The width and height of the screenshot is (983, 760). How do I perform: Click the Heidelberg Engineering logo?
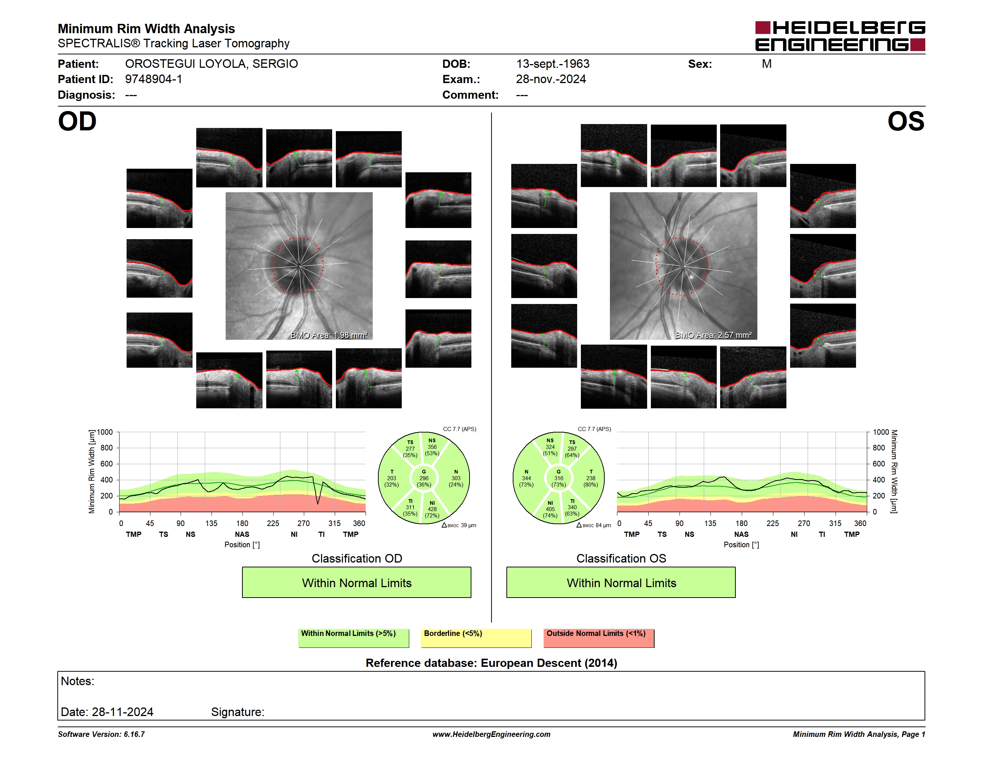point(840,36)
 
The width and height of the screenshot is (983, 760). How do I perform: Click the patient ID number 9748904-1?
point(153,79)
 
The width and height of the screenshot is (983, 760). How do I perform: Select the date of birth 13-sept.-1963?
point(553,64)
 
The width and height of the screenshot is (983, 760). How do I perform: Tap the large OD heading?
point(77,121)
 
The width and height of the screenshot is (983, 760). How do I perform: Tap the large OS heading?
point(906,121)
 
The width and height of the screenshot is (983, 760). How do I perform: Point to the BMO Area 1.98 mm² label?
point(329,335)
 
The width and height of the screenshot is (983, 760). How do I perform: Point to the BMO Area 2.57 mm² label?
point(713,335)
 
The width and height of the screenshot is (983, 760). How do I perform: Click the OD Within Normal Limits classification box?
point(356,582)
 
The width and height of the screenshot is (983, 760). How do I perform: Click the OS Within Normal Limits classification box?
point(621,582)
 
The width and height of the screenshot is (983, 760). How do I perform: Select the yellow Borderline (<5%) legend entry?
point(476,638)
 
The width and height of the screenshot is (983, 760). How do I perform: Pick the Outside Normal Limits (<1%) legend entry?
point(599,638)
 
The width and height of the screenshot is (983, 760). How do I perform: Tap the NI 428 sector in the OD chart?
point(432,509)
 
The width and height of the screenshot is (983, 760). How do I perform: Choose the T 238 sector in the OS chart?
point(591,478)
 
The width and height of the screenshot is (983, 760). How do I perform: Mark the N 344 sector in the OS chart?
point(526,478)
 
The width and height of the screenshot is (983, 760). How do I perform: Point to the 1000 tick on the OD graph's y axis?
point(105,432)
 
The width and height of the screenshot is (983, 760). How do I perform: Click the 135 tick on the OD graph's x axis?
point(211,523)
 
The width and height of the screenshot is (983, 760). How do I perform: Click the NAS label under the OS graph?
point(741,534)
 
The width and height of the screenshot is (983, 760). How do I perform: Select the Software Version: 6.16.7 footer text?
point(101,734)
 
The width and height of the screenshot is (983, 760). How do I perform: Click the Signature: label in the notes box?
point(238,712)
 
